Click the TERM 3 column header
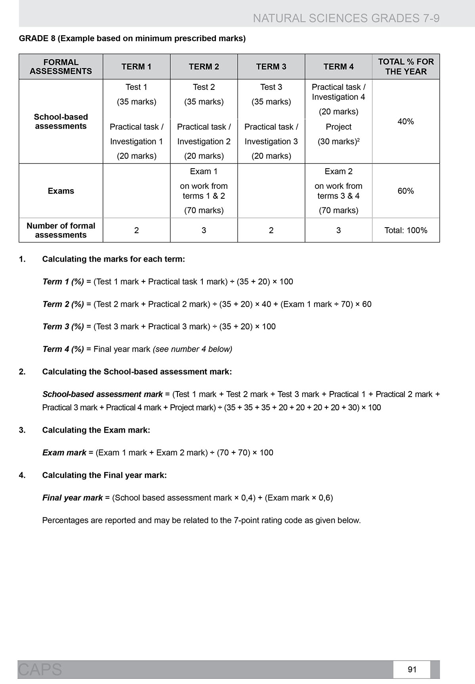click(x=271, y=66)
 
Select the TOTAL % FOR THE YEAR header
click(x=406, y=66)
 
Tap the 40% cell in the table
click(x=406, y=122)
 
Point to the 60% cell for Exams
click(x=406, y=191)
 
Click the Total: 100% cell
click(x=406, y=230)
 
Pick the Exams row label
click(x=61, y=191)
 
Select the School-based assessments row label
click(x=61, y=122)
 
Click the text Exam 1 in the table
click(x=204, y=171)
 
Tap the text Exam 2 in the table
click(x=338, y=171)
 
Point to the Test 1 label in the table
click(x=136, y=87)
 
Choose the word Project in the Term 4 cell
click(x=338, y=127)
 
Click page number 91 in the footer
click(x=412, y=669)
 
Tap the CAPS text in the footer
click(x=40, y=669)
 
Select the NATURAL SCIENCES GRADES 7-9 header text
click(x=346, y=18)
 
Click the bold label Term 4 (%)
click(x=63, y=349)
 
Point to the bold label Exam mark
click(x=64, y=453)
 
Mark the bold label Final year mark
click(x=72, y=498)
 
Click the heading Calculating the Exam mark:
click(x=96, y=430)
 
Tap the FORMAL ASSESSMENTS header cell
click(x=61, y=66)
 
